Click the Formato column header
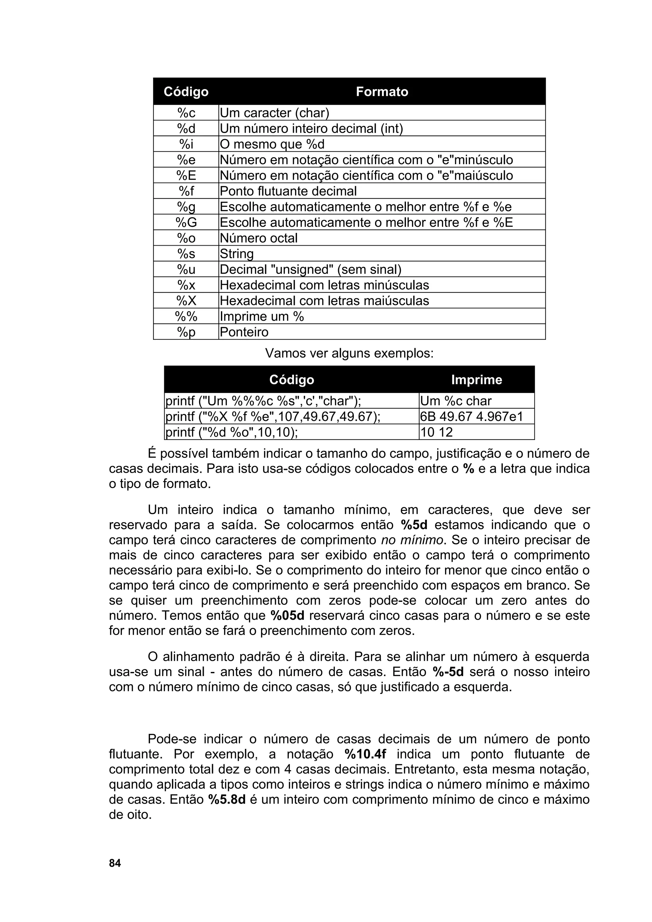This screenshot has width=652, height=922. (x=382, y=92)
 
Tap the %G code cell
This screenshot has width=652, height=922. (x=186, y=222)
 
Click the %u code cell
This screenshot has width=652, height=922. (x=186, y=269)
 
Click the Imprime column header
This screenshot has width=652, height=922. (x=477, y=380)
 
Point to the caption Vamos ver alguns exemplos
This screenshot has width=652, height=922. (x=350, y=353)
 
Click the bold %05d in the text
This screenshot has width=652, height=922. (x=287, y=616)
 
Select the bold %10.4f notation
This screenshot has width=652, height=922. (x=365, y=754)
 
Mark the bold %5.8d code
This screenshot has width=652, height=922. (x=227, y=800)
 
